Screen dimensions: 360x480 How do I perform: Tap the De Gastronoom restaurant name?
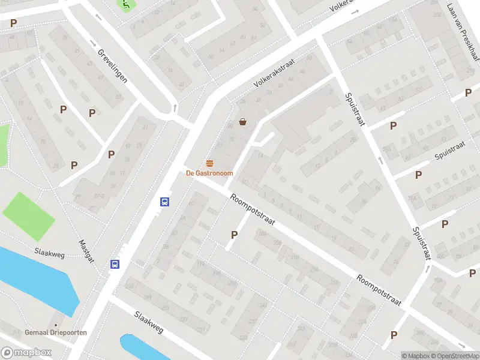click(209, 173)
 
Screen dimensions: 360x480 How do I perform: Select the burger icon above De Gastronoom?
click(210, 163)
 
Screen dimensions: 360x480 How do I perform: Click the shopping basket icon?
click(243, 122)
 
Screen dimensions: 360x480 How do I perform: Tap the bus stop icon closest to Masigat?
click(115, 264)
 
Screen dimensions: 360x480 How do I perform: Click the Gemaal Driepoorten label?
click(56, 332)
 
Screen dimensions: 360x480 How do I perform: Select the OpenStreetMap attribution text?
click(454, 356)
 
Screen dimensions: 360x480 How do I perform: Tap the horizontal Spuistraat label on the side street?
click(450, 151)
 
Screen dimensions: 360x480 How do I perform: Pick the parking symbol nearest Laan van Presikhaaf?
click(468, 92)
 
